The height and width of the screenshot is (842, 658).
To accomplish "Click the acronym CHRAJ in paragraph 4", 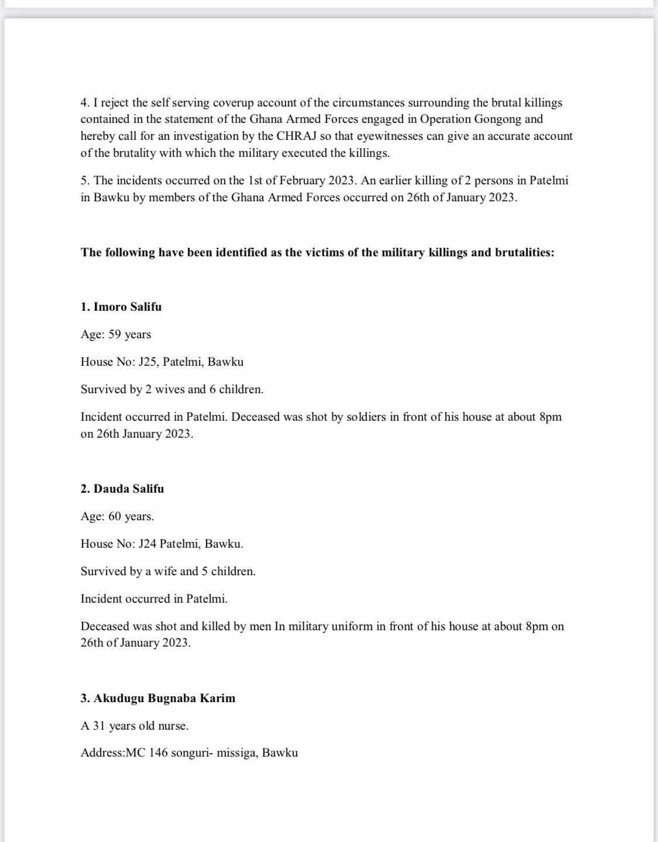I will coord(295,136).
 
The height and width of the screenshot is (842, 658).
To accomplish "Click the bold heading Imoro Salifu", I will coord(128,307).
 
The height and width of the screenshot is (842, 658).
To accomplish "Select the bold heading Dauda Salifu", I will coord(129,489).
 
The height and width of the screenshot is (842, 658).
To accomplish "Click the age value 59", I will coord(115,334).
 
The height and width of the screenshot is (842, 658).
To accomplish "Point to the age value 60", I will coord(115,516).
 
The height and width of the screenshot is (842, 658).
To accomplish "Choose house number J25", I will coord(147,362).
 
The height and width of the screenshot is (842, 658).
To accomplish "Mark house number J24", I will coord(147,544).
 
